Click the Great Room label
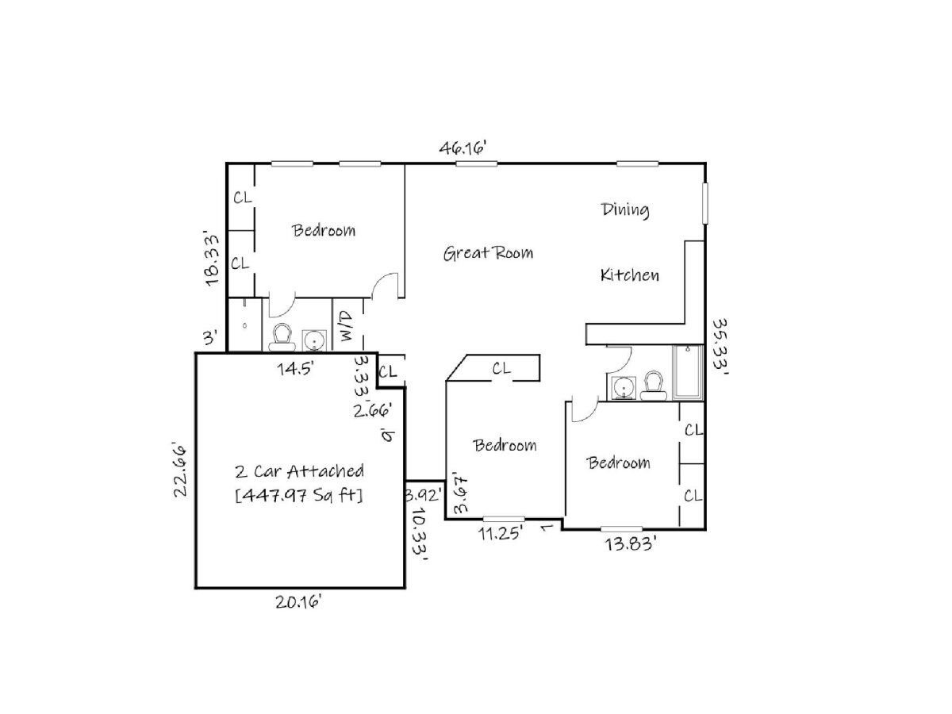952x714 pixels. [x=488, y=253]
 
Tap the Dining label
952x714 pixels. [x=625, y=210]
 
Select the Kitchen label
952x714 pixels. [x=629, y=274]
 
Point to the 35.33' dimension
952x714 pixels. [x=720, y=344]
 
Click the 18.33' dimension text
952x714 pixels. [x=212, y=259]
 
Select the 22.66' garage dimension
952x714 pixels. [x=180, y=470]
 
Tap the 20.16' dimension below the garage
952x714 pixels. [x=298, y=601]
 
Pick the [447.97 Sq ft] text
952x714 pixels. [x=299, y=495]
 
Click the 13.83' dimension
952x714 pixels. [x=629, y=543]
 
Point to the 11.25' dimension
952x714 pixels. [x=501, y=533]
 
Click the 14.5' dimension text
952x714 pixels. [x=295, y=369]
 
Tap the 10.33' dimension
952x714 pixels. [x=419, y=535]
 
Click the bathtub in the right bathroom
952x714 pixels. [x=688, y=372]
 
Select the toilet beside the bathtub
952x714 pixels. [x=654, y=386]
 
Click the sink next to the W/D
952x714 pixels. [x=314, y=341]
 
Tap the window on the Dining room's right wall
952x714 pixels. [x=705, y=204]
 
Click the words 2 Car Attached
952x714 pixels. [x=299, y=471]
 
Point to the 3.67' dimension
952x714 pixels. [x=460, y=495]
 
